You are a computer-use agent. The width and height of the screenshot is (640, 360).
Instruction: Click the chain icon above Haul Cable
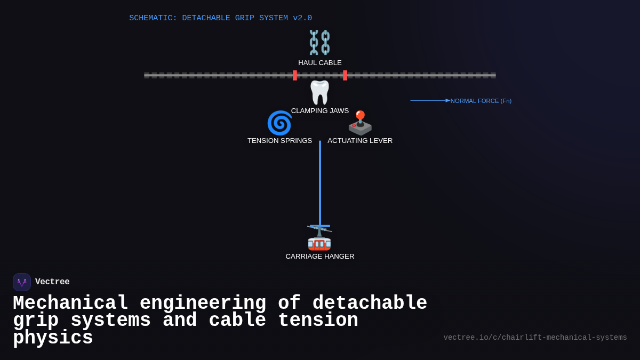click(x=319, y=42)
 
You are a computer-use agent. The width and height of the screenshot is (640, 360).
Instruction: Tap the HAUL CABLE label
click(x=320, y=63)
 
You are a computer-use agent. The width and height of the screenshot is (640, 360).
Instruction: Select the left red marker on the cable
click(x=295, y=75)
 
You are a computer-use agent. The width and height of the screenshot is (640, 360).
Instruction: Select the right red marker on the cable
click(x=345, y=75)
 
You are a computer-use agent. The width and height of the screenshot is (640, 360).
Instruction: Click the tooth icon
click(x=320, y=92)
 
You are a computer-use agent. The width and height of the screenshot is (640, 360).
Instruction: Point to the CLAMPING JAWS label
click(x=320, y=111)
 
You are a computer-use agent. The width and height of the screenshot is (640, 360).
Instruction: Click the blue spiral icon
click(x=279, y=123)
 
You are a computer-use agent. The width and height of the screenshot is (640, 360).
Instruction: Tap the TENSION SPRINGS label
click(x=279, y=141)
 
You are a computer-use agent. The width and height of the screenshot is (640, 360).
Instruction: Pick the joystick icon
click(x=360, y=123)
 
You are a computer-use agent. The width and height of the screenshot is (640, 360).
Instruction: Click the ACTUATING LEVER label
click(x=360, y=141)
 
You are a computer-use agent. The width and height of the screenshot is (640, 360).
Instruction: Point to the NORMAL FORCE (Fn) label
click(x=481, y=101)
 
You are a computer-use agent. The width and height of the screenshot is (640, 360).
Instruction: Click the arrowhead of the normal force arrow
click(x=448, y=100)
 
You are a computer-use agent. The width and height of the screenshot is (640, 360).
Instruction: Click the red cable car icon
click(x=319, y=238)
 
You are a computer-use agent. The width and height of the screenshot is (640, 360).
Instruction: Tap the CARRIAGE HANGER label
click(x=320, y=257)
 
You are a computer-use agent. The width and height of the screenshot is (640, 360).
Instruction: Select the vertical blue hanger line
click(x=320, y=181)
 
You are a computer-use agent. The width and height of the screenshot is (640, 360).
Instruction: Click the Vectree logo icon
click(x=22, y=282)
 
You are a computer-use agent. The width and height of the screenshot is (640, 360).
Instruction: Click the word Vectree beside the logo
click(x=52, y=282)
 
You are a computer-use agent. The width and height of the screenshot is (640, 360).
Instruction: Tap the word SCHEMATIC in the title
click(x=153, y=18)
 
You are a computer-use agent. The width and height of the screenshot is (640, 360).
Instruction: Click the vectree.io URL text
click(x=535, y=338)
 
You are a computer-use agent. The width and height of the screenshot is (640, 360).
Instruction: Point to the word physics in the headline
click(x=53, y=338)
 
